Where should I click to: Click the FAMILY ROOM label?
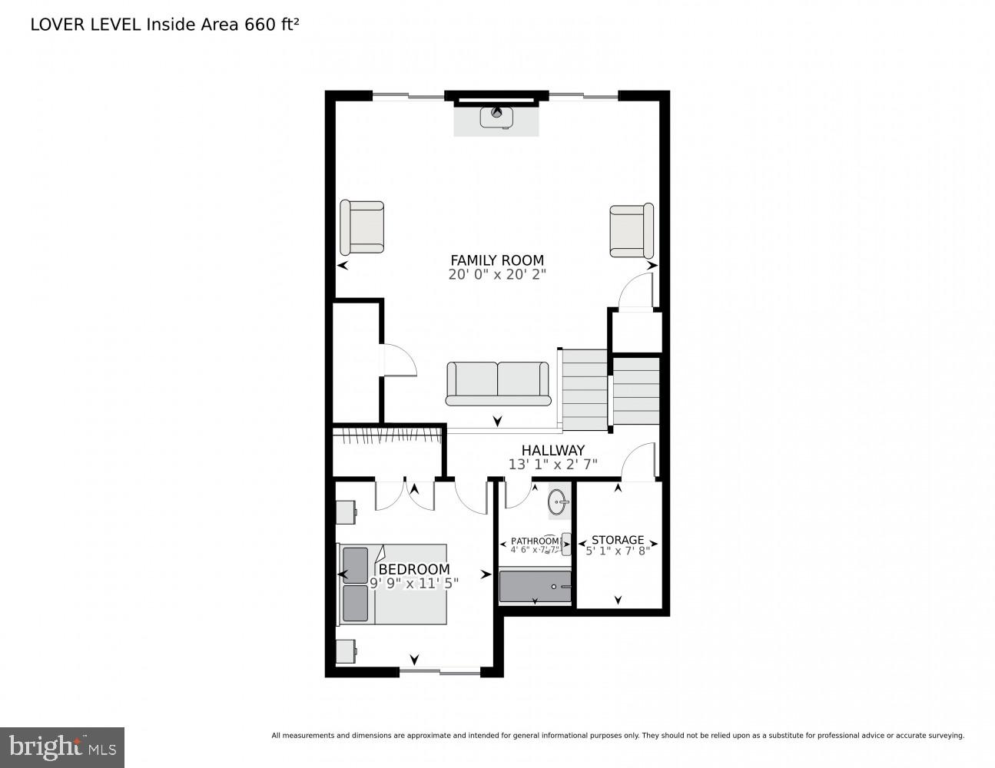point(496,260)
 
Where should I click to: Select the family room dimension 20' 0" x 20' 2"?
point(496,275)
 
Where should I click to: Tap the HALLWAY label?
point(552,450)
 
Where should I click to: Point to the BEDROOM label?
point(414,569)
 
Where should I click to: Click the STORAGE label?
point(618,540)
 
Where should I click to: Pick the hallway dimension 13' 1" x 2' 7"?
point(552,465)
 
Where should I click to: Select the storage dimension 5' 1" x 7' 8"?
point(618,551)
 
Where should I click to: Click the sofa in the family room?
point(498,383)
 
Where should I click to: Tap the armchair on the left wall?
point(362,227)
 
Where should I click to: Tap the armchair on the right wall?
point(632,230)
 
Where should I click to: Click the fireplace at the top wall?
point(496,117)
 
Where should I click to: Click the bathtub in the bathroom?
point(536,587)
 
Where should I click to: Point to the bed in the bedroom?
point(393,584)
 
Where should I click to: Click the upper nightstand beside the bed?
point(345,512)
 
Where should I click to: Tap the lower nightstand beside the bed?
point(345,651)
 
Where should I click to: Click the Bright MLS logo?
point(62,746)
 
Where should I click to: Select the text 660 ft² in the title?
point(271,24)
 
